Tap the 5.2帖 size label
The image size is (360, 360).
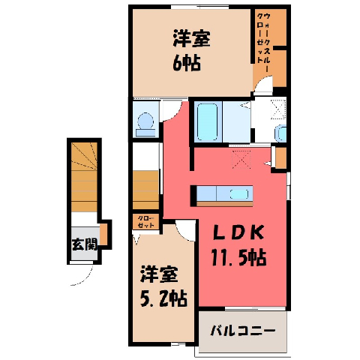pyautogui.click(x=163, y=298)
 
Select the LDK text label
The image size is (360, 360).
pyautogui.click(x=238, y=232)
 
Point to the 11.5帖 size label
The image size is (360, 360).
pyautogui.click(x=238, y=257)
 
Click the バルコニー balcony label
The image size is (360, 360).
pyautogui.click(x=243, y=331)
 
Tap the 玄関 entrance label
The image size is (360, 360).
pyautogui.click(x=85, y=244)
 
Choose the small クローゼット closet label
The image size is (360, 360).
pyautogui.click(x=146, y=222)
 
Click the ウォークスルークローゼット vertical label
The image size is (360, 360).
pyautogui.click(x=264, y=42)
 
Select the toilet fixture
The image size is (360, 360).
pyautogui.click(x=145, y=124)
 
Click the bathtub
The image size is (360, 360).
pyautogui.click(x=208, y=122)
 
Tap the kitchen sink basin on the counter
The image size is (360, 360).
pyautogui.click(x=239, y=194)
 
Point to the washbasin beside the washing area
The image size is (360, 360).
pyautogui.click(x=281, y=133)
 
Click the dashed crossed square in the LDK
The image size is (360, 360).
pyautogui.click(x=241, y=159)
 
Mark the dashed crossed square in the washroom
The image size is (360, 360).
pyautogui.click(x=278, y=109)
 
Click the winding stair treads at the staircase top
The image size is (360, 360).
pyautogui.click(x=84, y=156)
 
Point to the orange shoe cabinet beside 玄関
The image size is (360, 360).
pyautogui.click(x=103, y=235)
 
